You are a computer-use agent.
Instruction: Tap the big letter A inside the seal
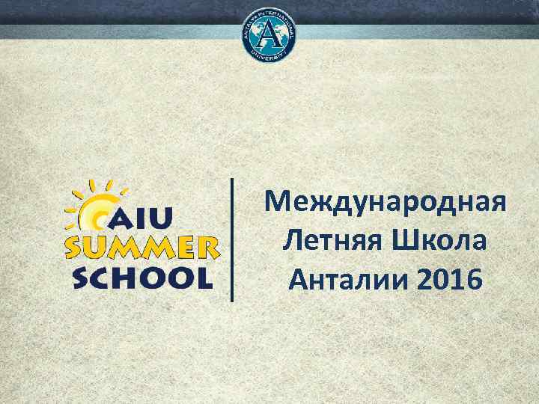point(269,34)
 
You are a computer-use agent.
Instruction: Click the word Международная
point(386,202)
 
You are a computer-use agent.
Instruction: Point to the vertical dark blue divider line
point(232,239)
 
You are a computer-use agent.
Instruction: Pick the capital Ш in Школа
point(401,242)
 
